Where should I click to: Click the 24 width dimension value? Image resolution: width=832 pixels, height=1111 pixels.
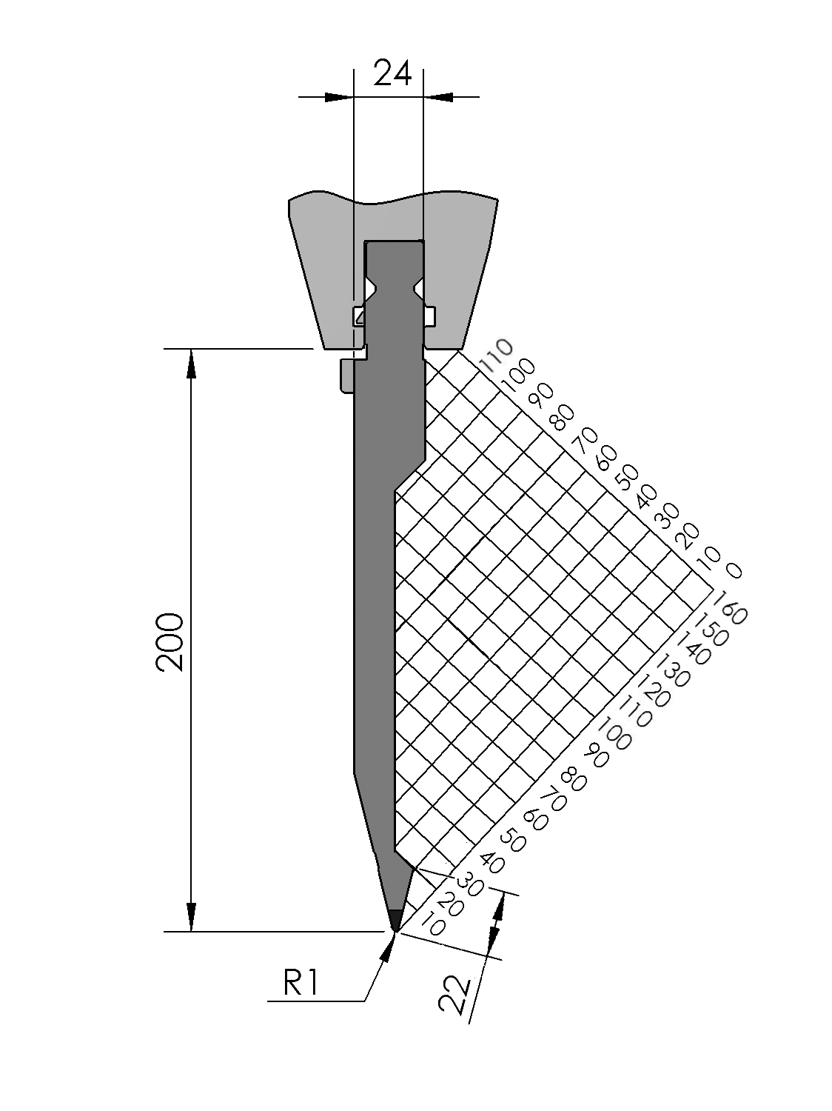pyautogui.click(x=392, y=74)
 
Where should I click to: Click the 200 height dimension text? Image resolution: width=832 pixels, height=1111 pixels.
pyautogui.click(x=170, y=641)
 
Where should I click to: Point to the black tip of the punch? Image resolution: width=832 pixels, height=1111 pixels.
pyautogui.click(x=395, y=919)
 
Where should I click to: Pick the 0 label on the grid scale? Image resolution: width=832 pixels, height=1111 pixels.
pyautogui.click(x=733, y=570)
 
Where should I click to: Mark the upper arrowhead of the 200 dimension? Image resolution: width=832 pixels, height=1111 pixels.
pyautogui.click(x=192, y=363)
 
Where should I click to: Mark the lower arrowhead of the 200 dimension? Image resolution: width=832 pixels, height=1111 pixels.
pyautogui.click(x=192, y=916)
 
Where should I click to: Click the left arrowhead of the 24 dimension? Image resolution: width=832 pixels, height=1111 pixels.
pyautogui.click(x=338, y=96)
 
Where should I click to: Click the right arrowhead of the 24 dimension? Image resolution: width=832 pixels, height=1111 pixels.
pyautogui.click(x=439, y=96)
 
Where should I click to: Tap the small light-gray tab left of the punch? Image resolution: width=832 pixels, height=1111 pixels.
pyautogui.click(x=346, y=375)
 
